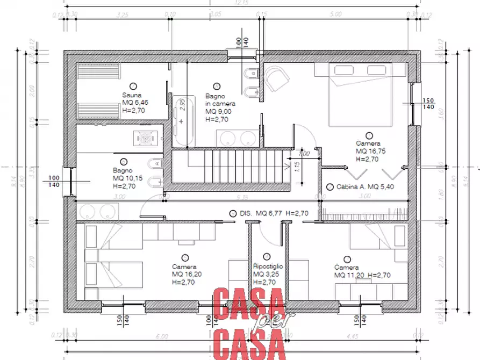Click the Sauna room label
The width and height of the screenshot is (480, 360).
pyautogui.click(x=131, y=95)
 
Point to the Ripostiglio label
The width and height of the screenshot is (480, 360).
pyautogui.click(x=268, y=266)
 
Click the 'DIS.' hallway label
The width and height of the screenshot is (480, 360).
pyautogui.click(x=246, y=213)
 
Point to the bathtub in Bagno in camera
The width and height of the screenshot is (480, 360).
pyautogui.click(x=183, y=121)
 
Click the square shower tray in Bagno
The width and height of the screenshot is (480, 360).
pyautogui.click(x=145, y=138)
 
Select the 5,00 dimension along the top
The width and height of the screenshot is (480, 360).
pyautogui.click(x=335, y=15)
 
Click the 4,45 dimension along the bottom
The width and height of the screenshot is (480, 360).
pyautogui.click(x=352, y=336)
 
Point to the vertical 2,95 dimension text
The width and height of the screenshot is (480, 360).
pyautogui.click(x=182, y=104)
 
